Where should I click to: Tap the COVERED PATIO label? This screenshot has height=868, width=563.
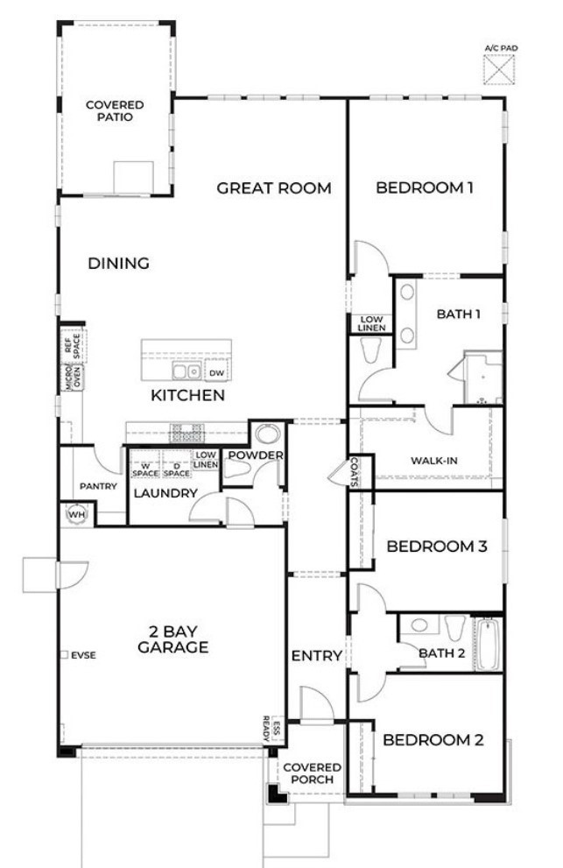[x=115, y=110]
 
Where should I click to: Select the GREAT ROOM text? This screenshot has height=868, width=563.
[x=274, y=187]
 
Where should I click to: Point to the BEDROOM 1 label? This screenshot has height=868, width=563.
[x=425, y=187]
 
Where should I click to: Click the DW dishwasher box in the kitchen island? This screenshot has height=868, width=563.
[x=216, y=372]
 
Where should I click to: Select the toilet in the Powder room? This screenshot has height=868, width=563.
[x=236, y=470]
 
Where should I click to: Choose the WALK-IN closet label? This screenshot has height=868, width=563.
[x=434, y=461]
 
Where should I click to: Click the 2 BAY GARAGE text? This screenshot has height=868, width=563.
[x=172, y=640]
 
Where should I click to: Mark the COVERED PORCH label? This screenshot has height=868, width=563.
[x=312, y=773]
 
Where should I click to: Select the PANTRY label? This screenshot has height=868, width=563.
[x=98, y=486]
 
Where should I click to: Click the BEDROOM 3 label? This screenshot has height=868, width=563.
[x=437, y=547]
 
